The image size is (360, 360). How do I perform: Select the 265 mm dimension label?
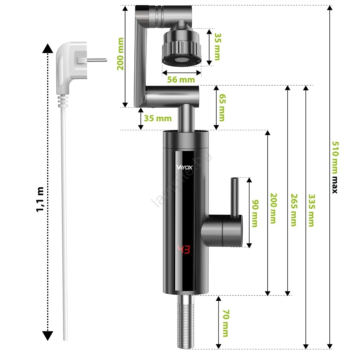tap(294, 210)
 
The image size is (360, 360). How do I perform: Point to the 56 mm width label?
tap(181, 79)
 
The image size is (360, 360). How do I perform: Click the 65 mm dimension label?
tap(222, 107)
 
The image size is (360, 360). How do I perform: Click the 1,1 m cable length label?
tap(40, 199)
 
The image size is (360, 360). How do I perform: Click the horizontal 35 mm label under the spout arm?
tap(158, 118)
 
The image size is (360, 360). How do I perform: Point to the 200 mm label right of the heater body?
tap(273, 208)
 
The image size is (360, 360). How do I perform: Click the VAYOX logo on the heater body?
tap(184, 167)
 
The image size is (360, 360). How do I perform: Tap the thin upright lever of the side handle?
tap(235, 197)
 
